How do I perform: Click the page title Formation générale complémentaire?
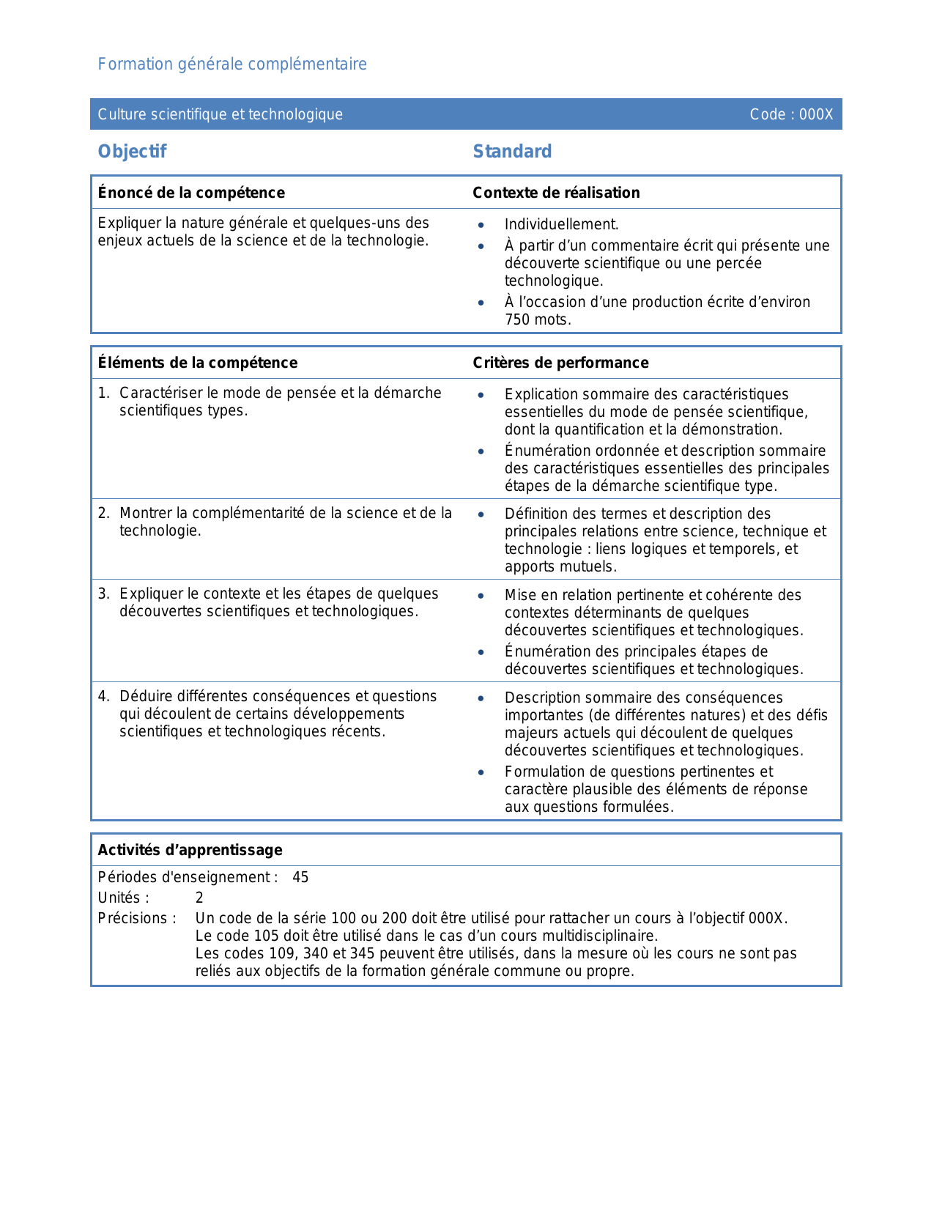coord(232,64)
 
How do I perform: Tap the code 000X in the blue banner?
coord(816,114)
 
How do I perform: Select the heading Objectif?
coord(132,152)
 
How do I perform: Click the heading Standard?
coord(512,152)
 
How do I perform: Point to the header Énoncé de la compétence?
coord(191,193)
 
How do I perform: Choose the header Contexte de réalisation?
coord(556,193)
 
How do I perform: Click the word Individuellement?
coord(561,225)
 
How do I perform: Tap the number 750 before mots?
coord(516,319)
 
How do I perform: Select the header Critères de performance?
coord(560,363)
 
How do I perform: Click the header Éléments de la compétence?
coord(198,363)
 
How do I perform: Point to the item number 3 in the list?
coord(103,594)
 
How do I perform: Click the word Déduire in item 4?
coord(144,696)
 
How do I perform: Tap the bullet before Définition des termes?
coord(481,514)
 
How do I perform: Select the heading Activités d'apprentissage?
coord(190,850)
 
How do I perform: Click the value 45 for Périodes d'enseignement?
coord(300,877)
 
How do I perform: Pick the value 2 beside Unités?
coord(199,898)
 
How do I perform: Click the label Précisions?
coord(137,918)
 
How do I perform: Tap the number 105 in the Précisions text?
coord(267,936)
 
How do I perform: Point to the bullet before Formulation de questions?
coord(481,772)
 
